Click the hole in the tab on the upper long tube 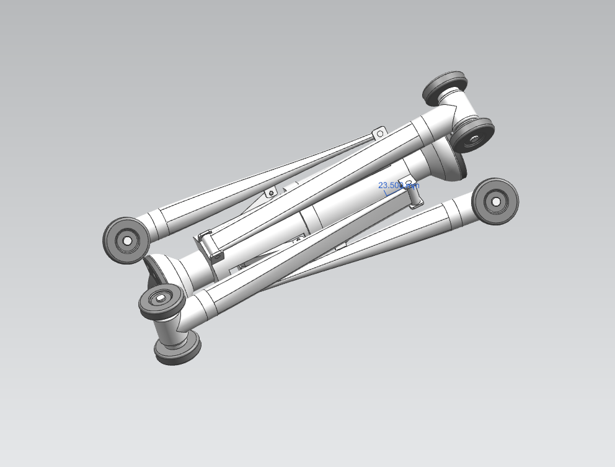379,133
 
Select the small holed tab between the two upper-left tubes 270,193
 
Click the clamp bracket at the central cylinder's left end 210,245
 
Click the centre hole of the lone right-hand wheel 496,201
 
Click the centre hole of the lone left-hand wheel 127,240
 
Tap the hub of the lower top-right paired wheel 474,140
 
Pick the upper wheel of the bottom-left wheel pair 161,301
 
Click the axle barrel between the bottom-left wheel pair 169,325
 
